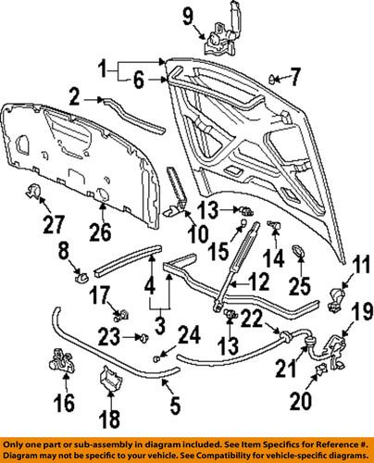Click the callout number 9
(x=186, y=14)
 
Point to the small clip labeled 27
(x=32, y=193)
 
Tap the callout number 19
(x=358, y=311)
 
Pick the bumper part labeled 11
(x=335, y=297)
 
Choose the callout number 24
(x=187, y=333)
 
